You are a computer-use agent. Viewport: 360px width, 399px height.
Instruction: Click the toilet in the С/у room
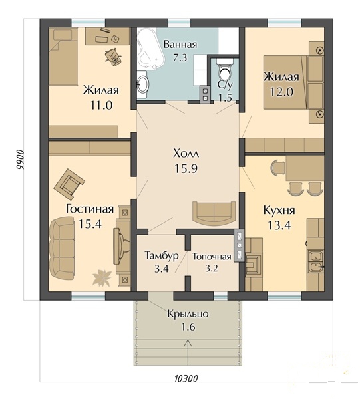[x=226, y=70]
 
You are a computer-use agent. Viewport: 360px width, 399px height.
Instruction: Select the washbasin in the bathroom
[x=142, y=84]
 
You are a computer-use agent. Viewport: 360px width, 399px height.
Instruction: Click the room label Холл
[x=186, y=154]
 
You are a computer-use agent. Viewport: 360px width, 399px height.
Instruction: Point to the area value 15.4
[x=90, y=224]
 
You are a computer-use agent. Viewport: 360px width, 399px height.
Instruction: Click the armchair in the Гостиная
[x=69, y=184]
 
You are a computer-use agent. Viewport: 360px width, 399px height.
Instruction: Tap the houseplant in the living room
[x=102, y=277]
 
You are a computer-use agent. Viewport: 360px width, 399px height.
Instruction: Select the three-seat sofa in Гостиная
[x=62, y=249]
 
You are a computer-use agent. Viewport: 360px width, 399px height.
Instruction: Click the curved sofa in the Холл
[x=214, y=212]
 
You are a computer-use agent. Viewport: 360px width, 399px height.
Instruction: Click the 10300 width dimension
[x=186, y=378]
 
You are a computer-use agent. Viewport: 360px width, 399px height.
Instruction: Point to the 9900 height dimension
[x=20, y=160]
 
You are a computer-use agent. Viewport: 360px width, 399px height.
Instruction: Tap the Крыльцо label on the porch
[x=188, y=314]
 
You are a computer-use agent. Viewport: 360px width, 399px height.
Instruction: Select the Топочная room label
[x=212, y=257]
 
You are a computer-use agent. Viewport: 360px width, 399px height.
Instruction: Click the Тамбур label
[x=162, y=256]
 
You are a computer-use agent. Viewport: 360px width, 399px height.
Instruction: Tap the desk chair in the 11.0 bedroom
[x=113, y=57]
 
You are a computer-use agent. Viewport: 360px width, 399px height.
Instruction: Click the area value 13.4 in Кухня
[x=279, y=225]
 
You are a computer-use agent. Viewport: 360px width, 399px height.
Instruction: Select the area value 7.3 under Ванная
[x=180, y=58]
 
